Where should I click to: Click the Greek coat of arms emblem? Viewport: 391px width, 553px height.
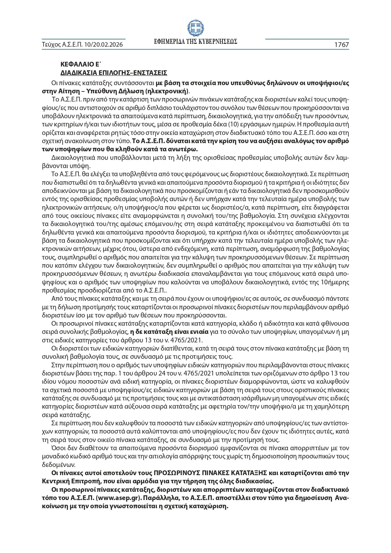[195, 28]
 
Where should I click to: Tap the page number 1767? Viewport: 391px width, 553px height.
[342, 45]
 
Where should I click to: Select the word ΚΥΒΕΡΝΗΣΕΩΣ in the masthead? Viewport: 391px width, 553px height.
[218, 42]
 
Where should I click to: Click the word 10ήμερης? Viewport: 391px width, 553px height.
[335, 282]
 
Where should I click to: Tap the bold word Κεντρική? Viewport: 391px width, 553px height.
[54, 481]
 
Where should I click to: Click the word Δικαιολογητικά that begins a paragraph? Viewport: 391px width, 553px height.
[71, 158]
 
